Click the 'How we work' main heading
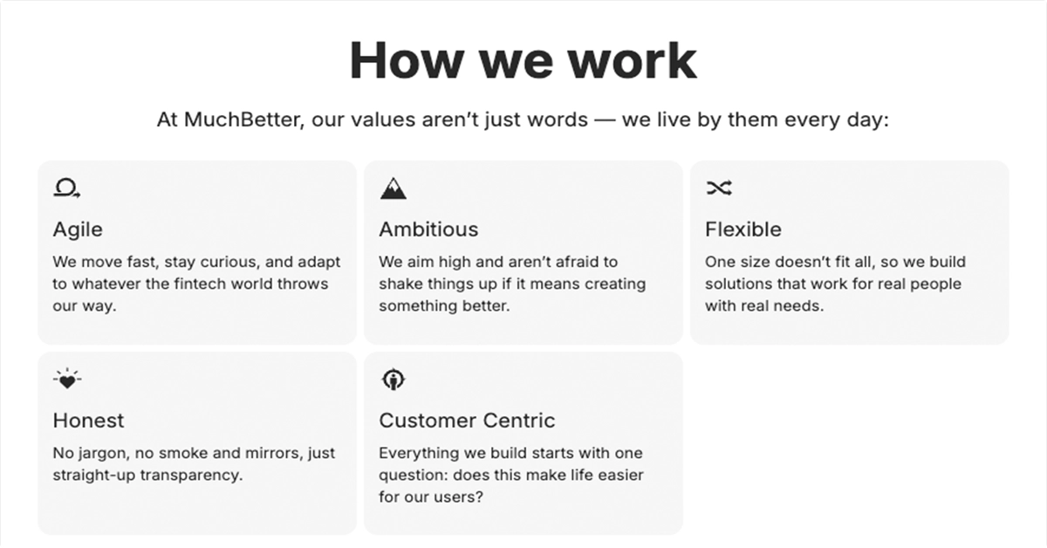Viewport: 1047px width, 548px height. pos(523,61)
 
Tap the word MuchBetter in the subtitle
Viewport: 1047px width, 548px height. pos(243,120)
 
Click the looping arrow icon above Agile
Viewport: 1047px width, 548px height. pos(67,188)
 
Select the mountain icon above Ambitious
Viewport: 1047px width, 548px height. pos(393,188)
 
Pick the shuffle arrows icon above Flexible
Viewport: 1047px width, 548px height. pos(719,188)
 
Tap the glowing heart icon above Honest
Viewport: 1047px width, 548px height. pos(67,379)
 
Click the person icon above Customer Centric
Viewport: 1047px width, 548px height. pos(393,380)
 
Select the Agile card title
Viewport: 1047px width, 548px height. pos(78,230)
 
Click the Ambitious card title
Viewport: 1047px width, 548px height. pos(428,229)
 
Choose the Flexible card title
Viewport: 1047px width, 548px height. pos(743,229)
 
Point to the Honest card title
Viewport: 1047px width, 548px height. pos(88,421)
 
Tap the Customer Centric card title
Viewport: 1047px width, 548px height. pos(467,421)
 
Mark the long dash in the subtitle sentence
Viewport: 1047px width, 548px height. pos(605,120)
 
